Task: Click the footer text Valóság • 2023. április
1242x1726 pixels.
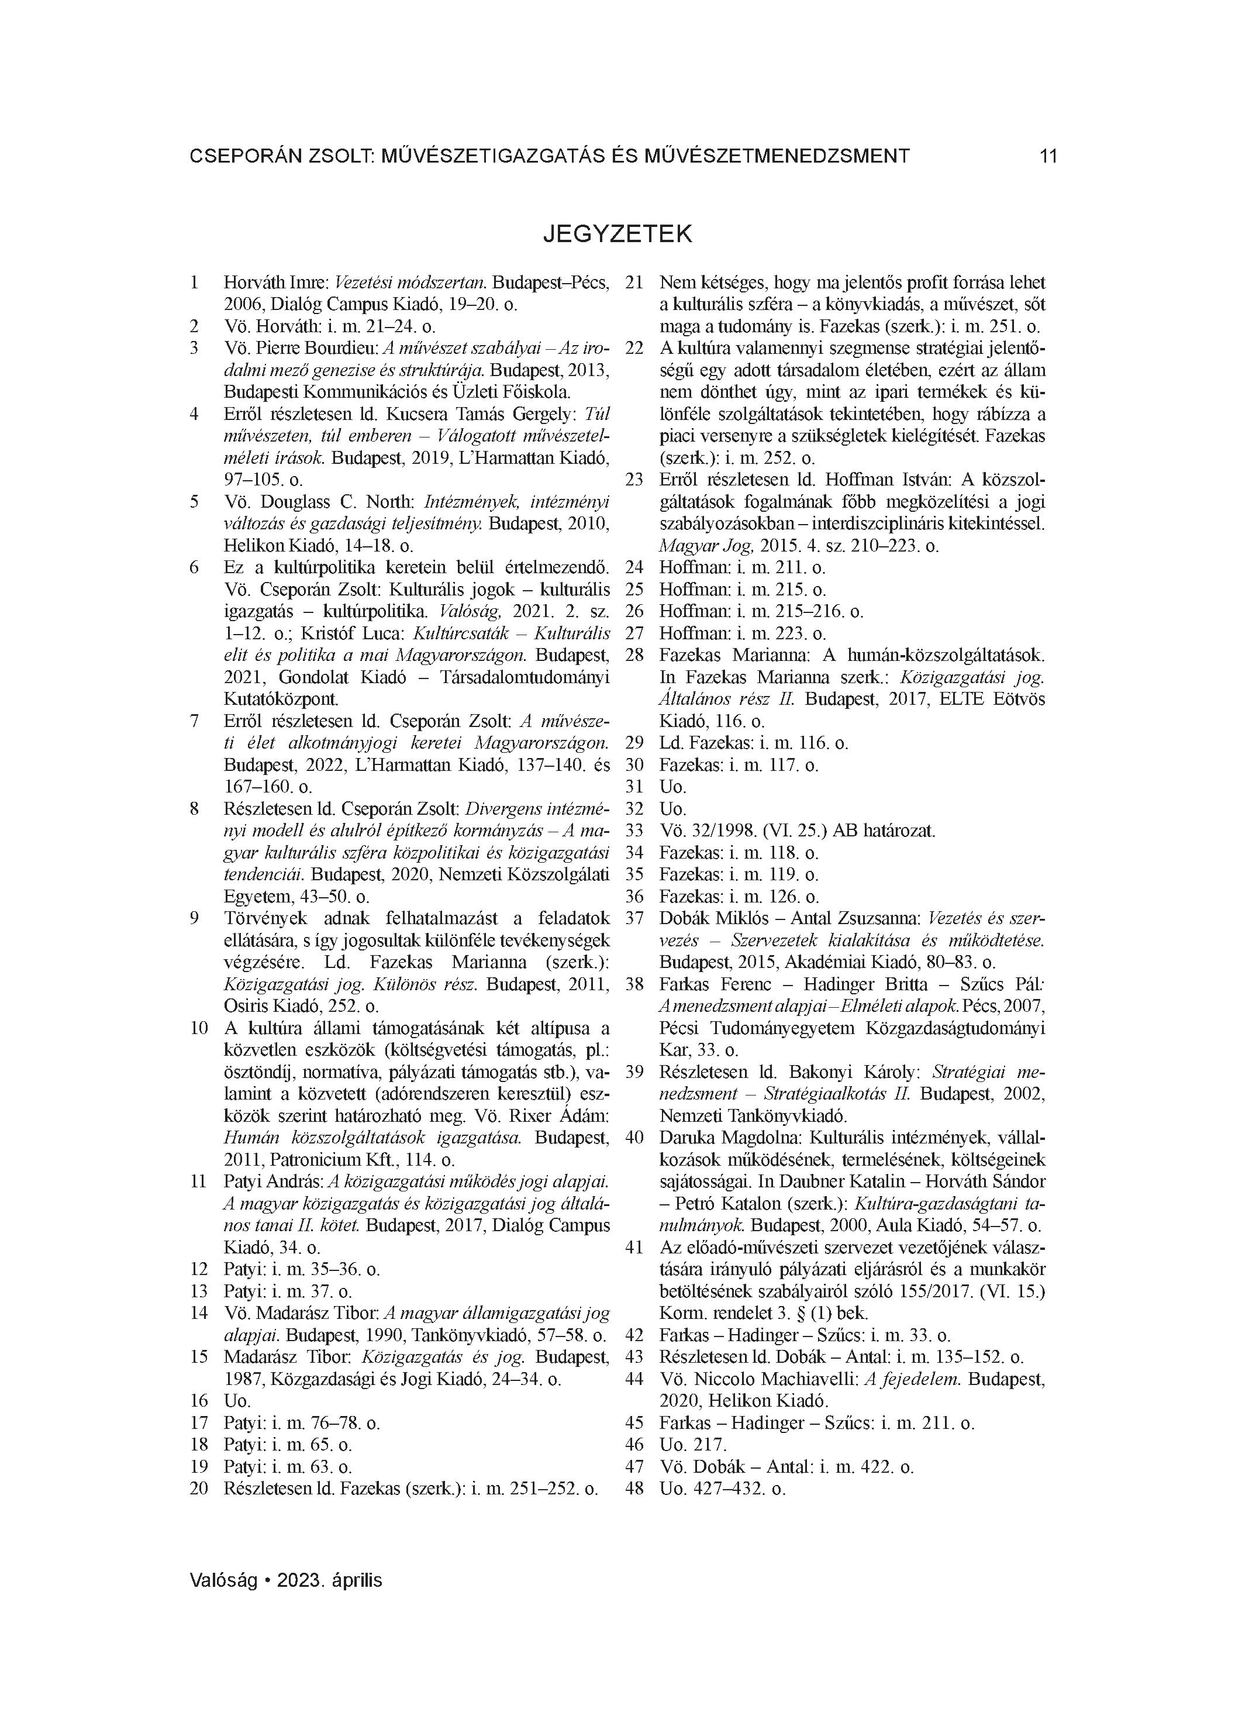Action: pyautogui.click(x=286, y=1580)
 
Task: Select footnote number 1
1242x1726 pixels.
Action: pyautogui.click(x=195, y=283)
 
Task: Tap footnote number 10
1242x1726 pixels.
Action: pyautogui.click(x=199, y=1028)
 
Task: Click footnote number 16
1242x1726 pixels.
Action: pyautogui.click(x=199, y=1401)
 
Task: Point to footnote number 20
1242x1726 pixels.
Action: pyautogui.click(x=199, y=1489)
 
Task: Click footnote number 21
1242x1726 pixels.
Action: pyautogui.click(x=634, y=283)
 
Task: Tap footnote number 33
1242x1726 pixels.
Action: pyautogui.click(x=634, y=831)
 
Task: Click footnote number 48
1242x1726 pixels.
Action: pyautogui.click(x=634, y=1489)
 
